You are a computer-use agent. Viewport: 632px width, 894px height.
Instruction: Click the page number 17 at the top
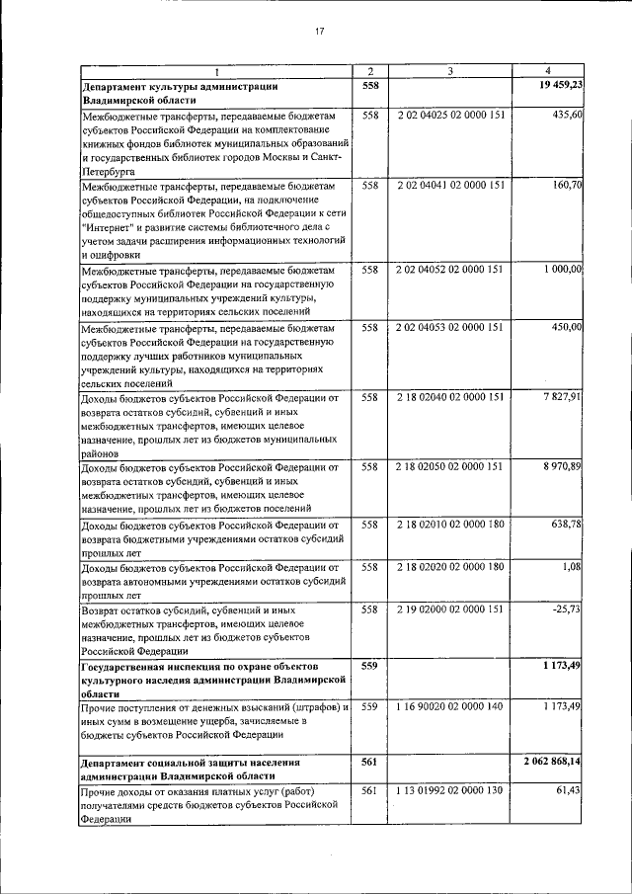(319, 33)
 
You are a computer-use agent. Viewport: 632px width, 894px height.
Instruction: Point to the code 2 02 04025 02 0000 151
(450, 116)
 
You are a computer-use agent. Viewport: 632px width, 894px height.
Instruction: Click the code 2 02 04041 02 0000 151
(450, 185)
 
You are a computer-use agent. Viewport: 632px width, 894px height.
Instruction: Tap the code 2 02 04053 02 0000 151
(450, 327)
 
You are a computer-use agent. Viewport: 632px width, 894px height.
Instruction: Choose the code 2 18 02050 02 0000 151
(450, 466)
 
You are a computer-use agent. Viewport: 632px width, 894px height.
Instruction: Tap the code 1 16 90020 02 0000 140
(450, 707)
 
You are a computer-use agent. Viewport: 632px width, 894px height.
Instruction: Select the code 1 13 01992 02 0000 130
(450, 791)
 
